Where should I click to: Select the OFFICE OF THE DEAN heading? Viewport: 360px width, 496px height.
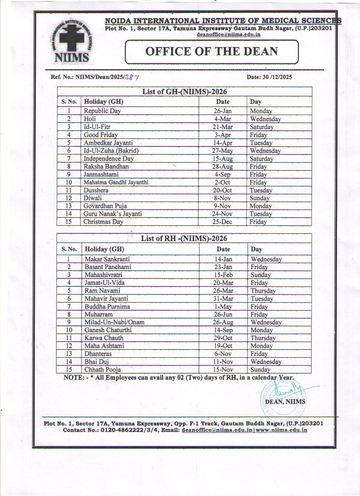[211, 52]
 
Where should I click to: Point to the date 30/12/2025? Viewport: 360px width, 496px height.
[269, 77]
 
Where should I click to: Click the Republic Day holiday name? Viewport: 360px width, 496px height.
[102, 111]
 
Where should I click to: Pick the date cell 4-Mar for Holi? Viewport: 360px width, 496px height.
[222, 119]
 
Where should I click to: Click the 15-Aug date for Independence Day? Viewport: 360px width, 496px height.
[222, 159]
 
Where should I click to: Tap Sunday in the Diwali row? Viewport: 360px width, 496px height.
[259, 198]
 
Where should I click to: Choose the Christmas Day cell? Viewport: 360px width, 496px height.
[103, 222]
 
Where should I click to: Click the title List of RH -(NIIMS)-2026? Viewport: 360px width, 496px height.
[184, 238]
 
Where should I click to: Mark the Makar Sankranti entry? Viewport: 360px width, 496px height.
[107, 259]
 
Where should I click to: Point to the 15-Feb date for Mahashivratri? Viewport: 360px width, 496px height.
[223, 275]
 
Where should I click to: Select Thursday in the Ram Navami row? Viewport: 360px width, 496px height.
[263, 291]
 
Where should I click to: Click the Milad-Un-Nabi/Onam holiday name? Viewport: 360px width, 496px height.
[114, 322]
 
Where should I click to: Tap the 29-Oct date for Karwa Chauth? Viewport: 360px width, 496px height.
[223, 338]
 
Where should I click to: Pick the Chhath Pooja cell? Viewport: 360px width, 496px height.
[103, 370]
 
